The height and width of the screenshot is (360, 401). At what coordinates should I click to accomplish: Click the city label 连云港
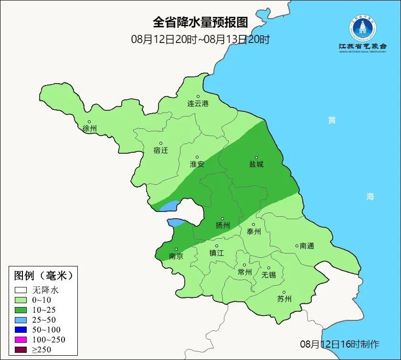tap(198, 103)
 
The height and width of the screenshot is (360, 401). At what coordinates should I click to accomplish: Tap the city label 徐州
tap(89, 128)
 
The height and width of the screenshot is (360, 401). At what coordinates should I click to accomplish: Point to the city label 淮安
tap(197, 164)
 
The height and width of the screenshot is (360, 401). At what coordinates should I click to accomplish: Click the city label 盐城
tap(256, 164)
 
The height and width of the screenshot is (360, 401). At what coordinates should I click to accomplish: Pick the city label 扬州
tap(222, 225)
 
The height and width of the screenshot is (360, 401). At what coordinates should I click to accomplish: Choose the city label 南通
tap(306, 246)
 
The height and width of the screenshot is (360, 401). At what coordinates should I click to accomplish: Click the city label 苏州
tap(284, 299)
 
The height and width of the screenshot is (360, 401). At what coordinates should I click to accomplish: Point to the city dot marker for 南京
tap(176, 249)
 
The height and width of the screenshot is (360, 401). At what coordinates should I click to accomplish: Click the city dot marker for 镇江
tap(217, 246)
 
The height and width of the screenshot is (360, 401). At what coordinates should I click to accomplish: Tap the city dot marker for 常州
tap(244, 265)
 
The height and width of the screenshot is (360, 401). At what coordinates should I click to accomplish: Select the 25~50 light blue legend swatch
tap(21, 319)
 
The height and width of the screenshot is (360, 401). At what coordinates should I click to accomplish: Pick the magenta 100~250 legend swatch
tap(21, 339)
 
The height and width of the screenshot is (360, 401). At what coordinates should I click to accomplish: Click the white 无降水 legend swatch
tap(21, 290)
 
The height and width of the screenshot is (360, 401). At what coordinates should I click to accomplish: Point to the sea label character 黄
tap(331, 120)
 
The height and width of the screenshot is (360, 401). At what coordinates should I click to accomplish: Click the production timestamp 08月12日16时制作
tap(339, 344)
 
